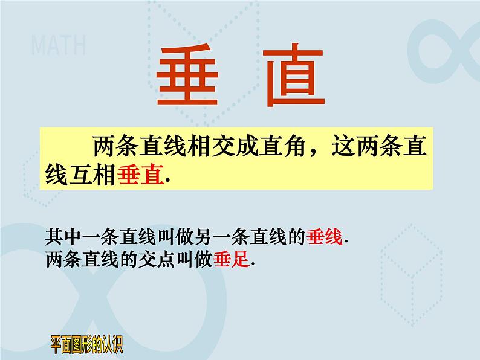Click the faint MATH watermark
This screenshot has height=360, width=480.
tap(58, 45)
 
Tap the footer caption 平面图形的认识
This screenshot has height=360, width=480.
tap(87, 347)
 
